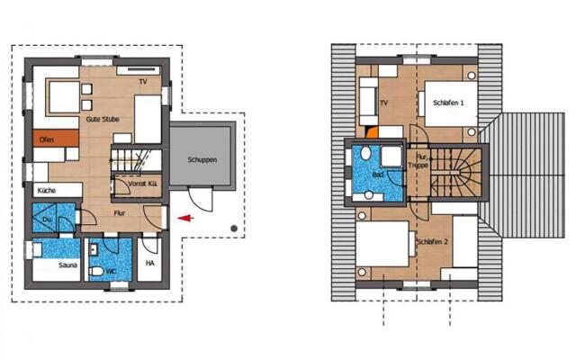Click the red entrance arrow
(184, 217)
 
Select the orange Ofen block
(47, 139)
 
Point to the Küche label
(48, 191)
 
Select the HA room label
(150, 264)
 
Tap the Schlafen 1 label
(448, 103)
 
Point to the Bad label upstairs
(379, 175)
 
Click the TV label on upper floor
(383, 103)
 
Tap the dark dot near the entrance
(234, 229)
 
